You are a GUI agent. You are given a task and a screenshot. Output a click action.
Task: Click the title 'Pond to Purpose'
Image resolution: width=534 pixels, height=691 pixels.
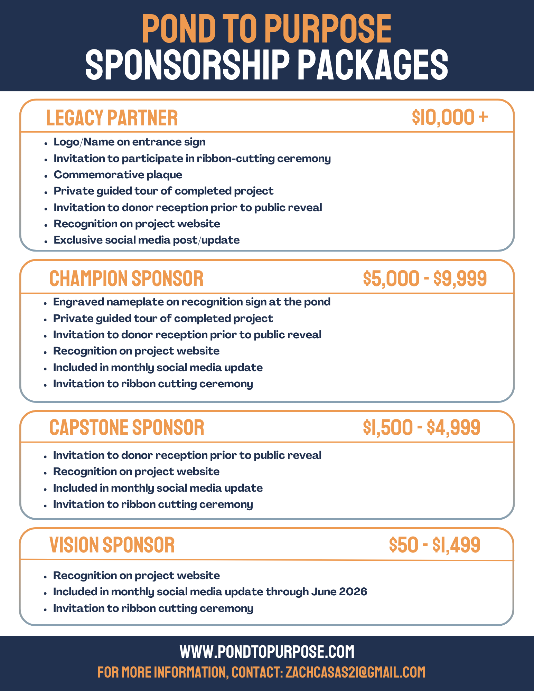266,29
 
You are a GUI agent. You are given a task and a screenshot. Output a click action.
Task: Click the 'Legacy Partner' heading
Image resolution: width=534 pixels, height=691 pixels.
112,118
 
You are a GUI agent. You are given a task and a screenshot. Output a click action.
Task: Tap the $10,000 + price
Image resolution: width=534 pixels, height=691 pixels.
450,117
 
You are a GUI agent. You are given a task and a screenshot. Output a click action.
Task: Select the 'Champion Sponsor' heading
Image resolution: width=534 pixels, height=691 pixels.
126,278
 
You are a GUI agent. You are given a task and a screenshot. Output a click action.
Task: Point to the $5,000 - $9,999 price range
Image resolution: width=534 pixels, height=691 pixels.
425,278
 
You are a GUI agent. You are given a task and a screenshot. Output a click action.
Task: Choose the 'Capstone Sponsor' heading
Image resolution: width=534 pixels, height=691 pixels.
127,427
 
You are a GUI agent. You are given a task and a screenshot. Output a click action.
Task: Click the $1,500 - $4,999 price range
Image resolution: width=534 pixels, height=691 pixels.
421,427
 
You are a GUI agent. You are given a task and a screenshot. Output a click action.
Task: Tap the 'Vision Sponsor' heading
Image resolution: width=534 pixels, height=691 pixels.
112,545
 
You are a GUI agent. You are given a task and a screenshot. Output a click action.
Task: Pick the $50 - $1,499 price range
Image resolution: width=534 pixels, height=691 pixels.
434,545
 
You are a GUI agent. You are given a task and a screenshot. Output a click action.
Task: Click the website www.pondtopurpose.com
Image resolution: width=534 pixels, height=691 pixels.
267,652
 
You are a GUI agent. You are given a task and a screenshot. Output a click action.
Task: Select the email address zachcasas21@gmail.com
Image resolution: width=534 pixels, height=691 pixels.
355,672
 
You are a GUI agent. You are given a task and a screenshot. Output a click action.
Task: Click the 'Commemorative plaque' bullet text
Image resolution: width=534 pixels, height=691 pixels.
118,175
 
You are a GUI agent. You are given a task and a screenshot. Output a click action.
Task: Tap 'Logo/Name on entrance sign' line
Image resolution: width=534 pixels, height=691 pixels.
130,142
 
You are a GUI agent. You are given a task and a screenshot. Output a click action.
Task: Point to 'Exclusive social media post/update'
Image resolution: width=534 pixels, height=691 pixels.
147,240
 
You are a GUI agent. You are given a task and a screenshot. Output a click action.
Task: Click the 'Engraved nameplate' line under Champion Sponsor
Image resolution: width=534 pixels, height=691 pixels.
192,302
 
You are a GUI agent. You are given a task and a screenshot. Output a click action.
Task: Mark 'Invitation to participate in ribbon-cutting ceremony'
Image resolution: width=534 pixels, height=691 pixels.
192,159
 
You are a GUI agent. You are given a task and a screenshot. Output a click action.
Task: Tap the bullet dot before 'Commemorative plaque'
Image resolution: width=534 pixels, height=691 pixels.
46,176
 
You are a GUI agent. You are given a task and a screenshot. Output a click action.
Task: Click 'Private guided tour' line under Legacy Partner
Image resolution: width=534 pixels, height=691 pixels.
163,191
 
